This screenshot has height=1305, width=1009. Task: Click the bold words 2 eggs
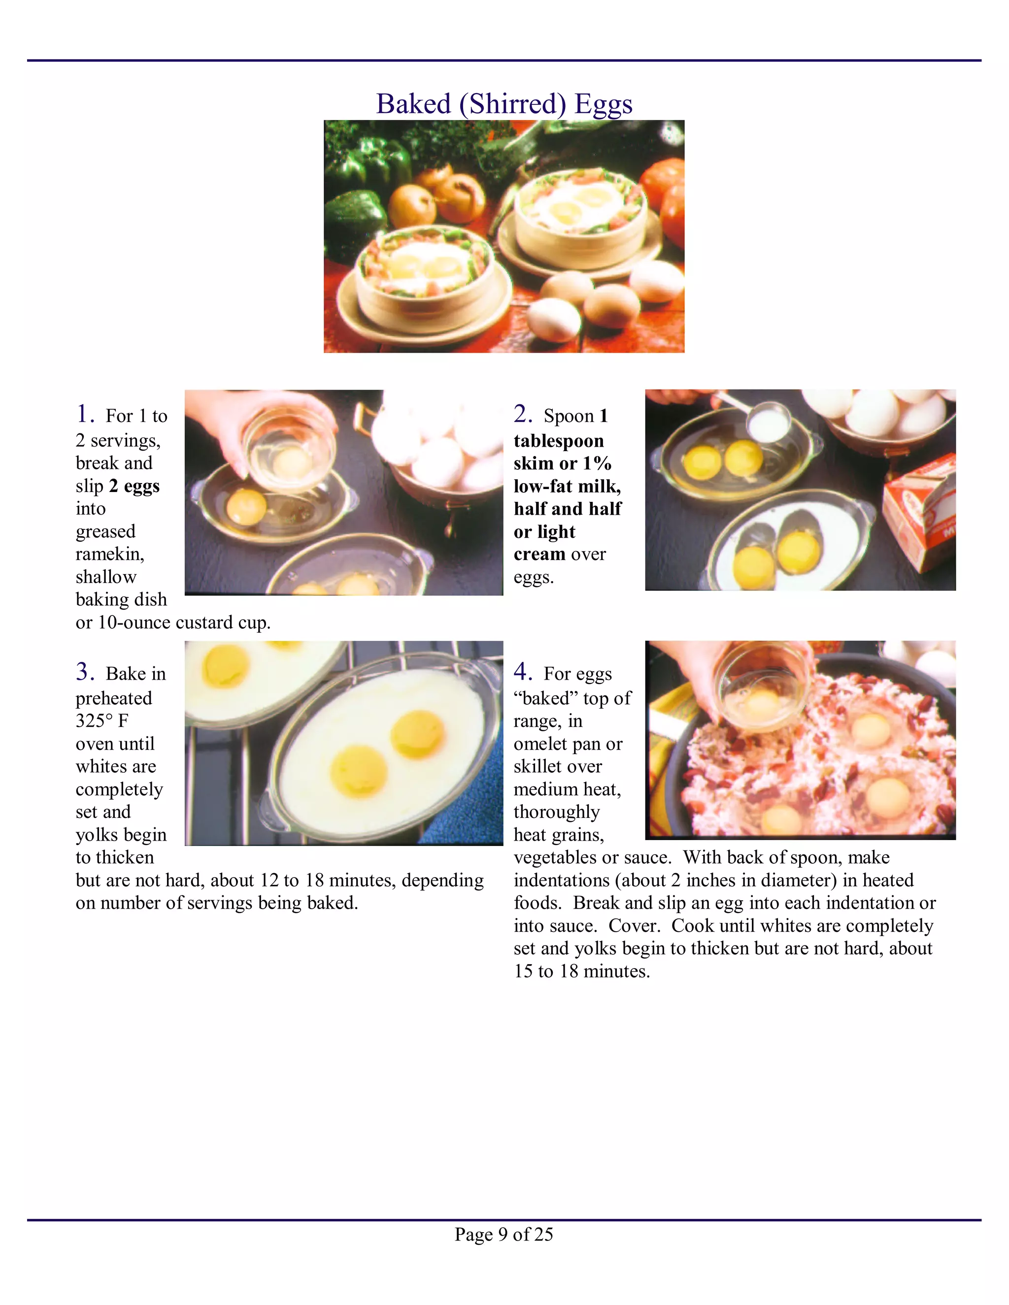pos(134,486)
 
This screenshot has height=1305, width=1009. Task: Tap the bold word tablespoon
pos(558,441)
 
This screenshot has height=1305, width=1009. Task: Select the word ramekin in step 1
pos(109,554)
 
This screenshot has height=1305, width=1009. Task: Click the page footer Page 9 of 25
pos(504,1234)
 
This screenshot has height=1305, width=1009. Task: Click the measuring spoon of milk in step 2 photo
pos(767,421)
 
